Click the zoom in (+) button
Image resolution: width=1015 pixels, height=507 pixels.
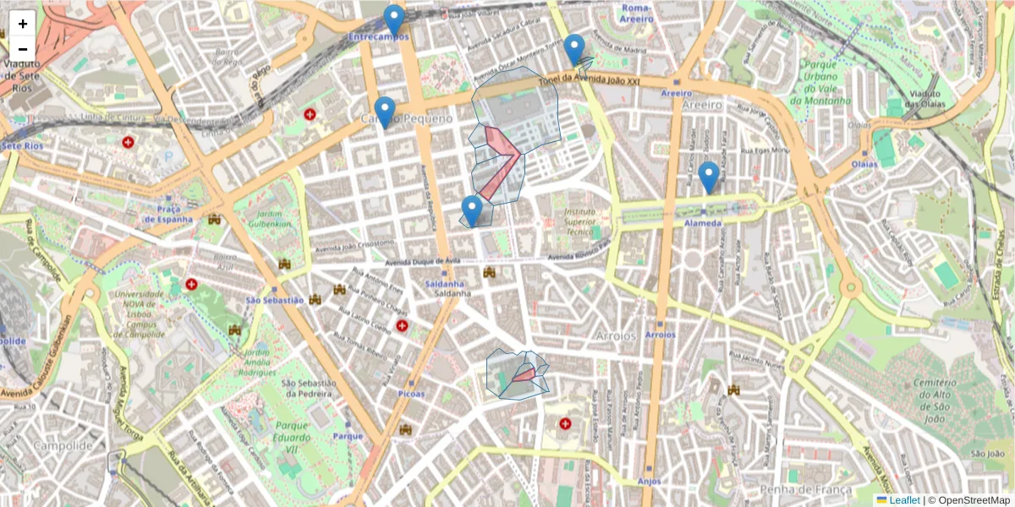point(22,24)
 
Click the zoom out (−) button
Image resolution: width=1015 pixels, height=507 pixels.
point(22,48)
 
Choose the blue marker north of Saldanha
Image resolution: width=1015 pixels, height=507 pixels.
point(472,210)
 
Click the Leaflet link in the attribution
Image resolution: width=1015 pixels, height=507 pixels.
point(903,500)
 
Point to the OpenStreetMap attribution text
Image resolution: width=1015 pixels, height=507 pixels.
point(968,500)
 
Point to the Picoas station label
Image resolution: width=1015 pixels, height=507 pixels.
point(411,394)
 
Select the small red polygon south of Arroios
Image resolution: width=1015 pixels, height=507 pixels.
point(524,374)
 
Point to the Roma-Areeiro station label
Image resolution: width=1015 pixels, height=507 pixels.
point(637,13)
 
